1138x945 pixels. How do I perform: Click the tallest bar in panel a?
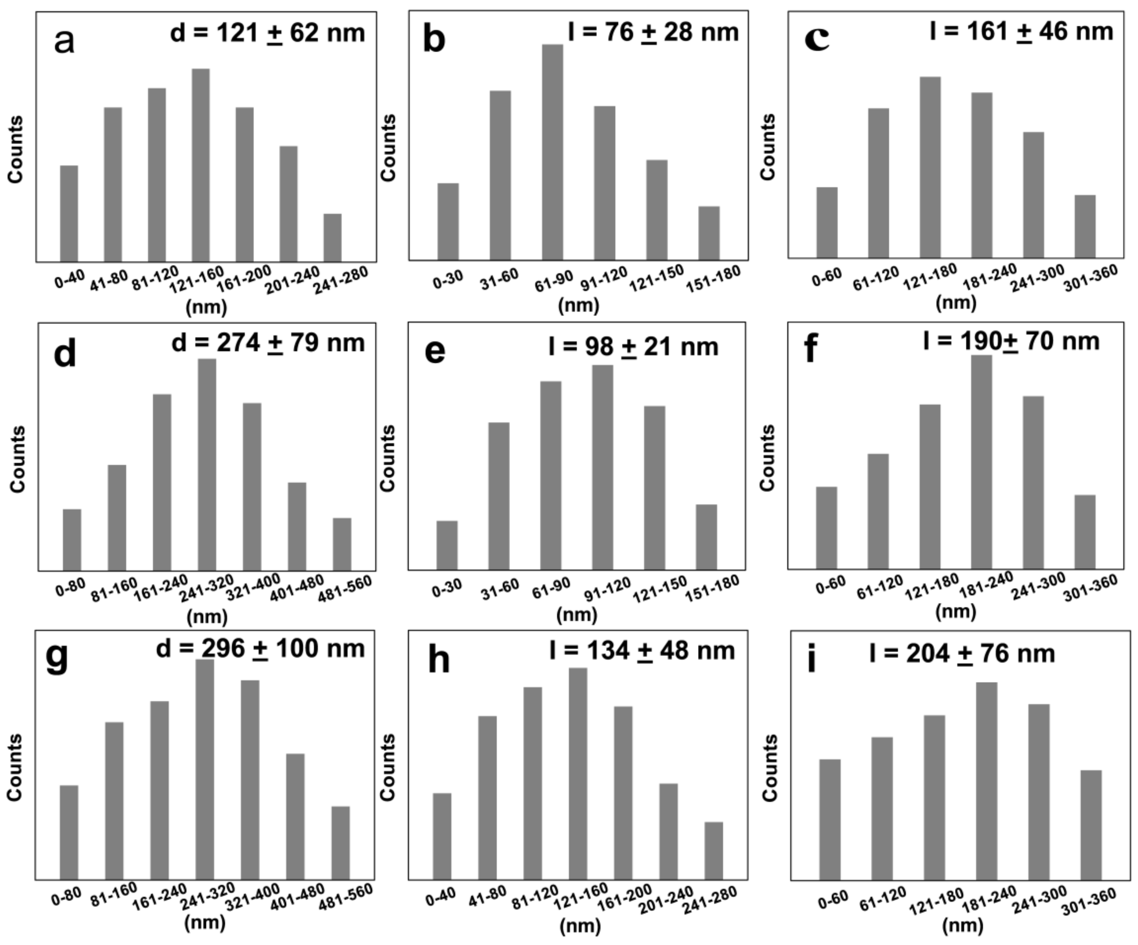coord(200,165)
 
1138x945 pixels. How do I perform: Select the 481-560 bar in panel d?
coord(342,544)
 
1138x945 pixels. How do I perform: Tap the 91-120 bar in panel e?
coord(603,467)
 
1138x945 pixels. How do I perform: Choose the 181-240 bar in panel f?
coord(981,462)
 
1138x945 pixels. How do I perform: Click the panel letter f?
coord(811,350)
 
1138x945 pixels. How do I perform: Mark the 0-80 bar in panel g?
coord(69,832)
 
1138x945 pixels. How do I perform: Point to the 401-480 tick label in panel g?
coord(297,897)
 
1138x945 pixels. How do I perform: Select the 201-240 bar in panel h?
coord(668,831)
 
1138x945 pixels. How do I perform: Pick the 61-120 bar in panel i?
coord(882,808)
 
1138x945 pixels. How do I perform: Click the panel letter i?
coord(811,661)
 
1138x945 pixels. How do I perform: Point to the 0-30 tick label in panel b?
coord(448,280)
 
